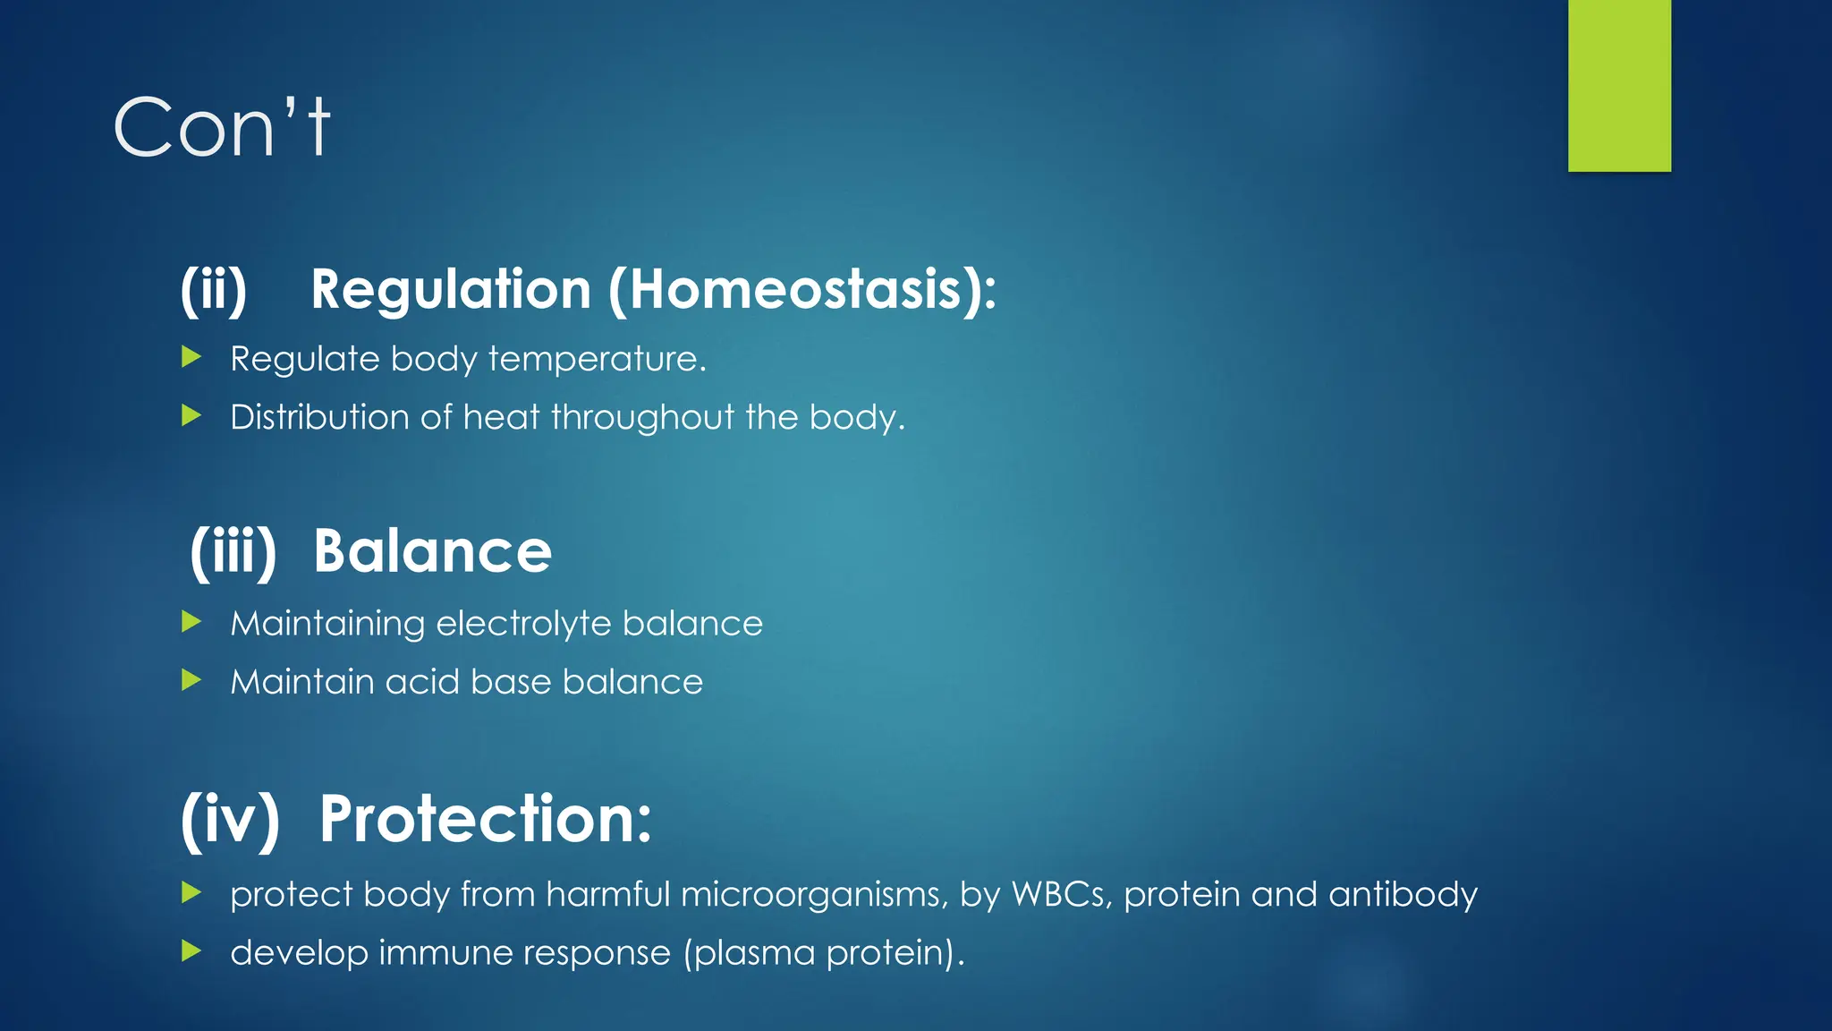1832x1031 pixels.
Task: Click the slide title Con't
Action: tap(222, 128)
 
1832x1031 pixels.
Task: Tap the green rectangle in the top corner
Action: tap(1619, 85)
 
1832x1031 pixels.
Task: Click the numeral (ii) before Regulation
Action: tap(214, 290)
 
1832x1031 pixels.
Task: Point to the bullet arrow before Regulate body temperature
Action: tap(191, 358)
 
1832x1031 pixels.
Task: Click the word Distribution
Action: tap(318, 417)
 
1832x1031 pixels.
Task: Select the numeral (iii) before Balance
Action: tap(233, 551)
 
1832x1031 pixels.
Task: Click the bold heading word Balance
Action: tap(432, 551)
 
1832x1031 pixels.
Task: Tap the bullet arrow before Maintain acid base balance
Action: tap(191, 681)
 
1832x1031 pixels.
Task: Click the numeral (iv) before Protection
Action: tap(230, 819)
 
